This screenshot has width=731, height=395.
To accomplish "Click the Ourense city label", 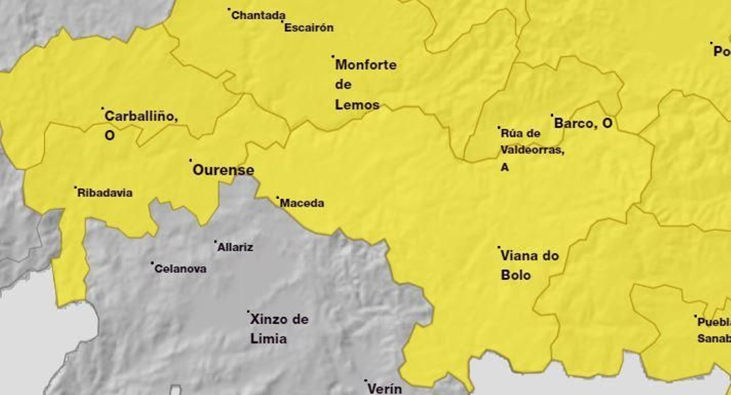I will pos(223,170).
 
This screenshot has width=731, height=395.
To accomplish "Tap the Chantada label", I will pos(258,16).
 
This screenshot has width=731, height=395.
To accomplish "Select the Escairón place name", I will pos(309,27).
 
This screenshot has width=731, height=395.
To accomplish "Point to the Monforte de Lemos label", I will pos(365,84).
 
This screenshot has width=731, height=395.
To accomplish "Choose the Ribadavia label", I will pos(105,193).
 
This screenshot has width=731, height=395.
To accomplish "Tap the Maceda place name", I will pos(302,203).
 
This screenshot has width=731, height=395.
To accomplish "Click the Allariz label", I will pos(235,248).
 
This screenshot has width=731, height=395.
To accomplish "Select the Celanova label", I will pos(180,269).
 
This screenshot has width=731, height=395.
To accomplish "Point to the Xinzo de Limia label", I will pos(279,329).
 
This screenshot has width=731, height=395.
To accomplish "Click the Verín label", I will pos(385,389).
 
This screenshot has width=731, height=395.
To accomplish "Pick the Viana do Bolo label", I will pos(529,265).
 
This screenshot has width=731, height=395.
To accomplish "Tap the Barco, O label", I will pos(583,123).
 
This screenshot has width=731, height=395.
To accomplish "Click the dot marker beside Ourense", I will pos(191,160).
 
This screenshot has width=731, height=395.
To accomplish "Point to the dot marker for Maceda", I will pos(277,198).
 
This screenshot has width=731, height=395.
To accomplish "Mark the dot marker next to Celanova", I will pos(152,263).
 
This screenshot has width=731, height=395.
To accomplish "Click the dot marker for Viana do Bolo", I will pos(499,248).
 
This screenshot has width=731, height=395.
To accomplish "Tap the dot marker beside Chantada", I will pos(229,9).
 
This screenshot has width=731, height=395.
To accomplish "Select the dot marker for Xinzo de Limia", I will pos(248,312).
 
